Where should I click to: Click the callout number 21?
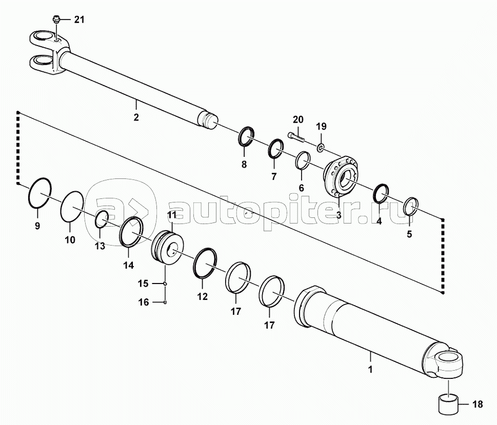pos(79,19)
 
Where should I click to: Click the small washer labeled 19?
pos(321,147)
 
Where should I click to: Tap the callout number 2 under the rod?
pos(136,117)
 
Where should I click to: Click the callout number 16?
pos(144,302)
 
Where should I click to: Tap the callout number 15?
pos(143,284)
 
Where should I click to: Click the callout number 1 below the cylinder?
pos(370,369)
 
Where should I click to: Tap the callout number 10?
pos(70,240)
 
